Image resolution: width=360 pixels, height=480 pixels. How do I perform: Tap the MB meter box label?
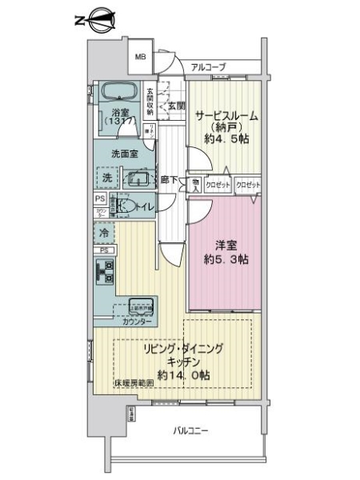tap(140, 57)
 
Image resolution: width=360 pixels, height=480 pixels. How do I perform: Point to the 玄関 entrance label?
tap(175, 105)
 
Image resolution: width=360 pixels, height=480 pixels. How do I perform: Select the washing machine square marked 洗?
tap(106, 178)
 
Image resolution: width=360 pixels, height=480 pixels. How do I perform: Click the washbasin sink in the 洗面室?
tap(137, 178)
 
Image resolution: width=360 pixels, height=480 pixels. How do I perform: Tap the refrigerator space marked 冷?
tap(104, 233)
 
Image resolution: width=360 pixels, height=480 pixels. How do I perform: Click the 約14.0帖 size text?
tap(183, 374)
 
